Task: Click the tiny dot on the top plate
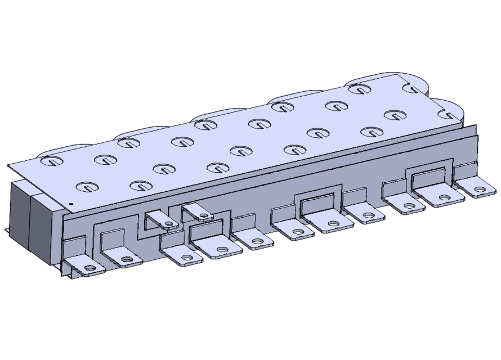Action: (x=71, y=204)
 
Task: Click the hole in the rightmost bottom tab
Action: (x=479, y=190)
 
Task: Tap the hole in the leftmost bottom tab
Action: (x=89, y=269)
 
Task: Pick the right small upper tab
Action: (x=198, y=213)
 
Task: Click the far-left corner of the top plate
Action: (x=9, y=166)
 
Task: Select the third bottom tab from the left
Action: (x=183, y=256)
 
